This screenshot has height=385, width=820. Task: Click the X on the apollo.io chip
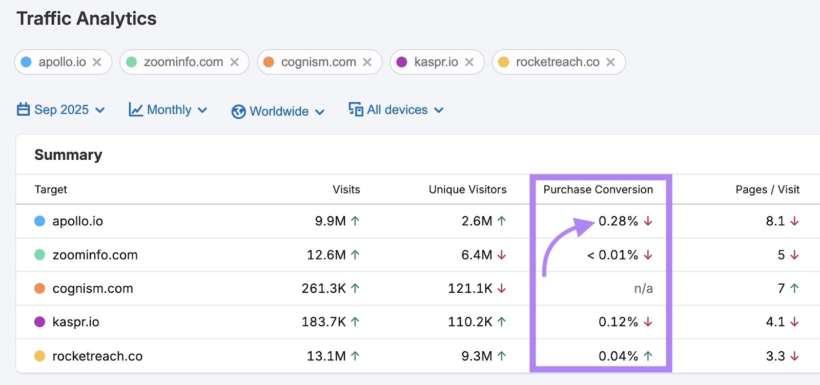[97, 62]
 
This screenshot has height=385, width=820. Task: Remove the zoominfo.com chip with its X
[235, 62]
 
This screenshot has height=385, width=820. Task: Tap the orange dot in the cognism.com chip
[269, 62]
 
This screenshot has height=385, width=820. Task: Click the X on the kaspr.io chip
[469, 62]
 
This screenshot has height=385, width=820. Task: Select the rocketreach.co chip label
[558, 62]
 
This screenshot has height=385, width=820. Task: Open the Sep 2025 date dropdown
[61, 110]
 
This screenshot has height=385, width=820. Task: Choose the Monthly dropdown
[168, 110]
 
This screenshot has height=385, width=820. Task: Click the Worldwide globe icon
[238, 112]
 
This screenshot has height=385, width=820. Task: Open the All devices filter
[396, 110]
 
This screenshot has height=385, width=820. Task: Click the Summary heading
[68, 155]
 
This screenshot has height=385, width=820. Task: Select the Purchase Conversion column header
[598, 189]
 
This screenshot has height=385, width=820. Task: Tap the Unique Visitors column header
[467, 189]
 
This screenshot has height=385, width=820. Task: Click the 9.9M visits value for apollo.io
[330, 221]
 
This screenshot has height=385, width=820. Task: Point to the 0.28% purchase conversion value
[618, 221]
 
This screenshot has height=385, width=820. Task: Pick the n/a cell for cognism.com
[643, 289]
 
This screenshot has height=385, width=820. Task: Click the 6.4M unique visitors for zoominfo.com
[477, 255]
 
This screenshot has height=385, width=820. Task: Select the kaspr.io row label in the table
[76, 322]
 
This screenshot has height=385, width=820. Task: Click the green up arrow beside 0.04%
[648, 356]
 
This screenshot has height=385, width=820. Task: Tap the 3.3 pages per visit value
[775, 356]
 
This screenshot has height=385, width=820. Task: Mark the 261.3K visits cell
[323, 289]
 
